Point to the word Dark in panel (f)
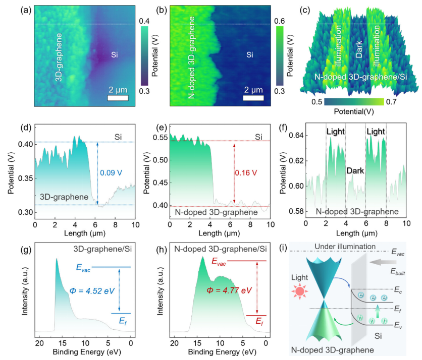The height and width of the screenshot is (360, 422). [x=355, y=171]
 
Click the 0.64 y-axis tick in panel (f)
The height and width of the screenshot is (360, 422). [x=297, y=136]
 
